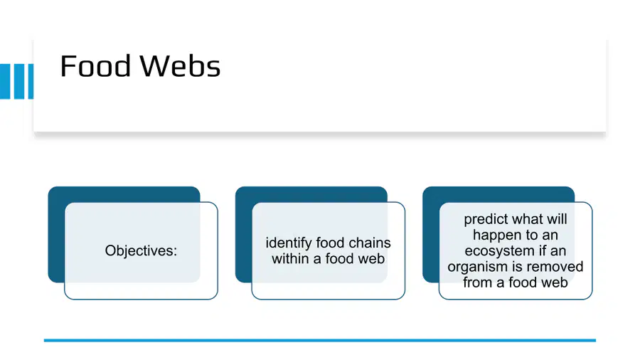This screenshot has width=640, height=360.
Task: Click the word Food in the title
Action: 95,65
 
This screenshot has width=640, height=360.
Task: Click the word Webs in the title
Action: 180,65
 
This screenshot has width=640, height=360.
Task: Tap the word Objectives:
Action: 141,250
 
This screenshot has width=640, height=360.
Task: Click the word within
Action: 290,259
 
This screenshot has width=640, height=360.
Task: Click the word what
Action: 530,219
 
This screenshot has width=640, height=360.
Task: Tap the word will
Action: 558,219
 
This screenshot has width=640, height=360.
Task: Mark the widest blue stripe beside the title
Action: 5,81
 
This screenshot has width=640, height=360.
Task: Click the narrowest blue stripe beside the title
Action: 31,81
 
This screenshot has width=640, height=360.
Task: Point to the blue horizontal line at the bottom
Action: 320,340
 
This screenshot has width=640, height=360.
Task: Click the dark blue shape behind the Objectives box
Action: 56,234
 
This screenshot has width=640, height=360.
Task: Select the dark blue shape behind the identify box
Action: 244,234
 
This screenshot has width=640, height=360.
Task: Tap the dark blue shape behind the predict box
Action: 431,234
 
